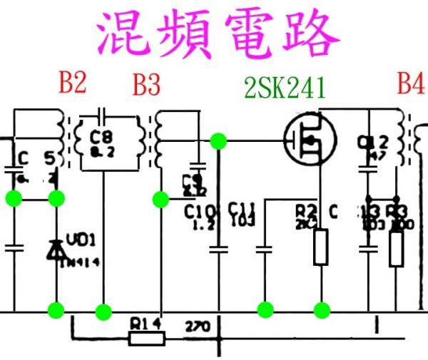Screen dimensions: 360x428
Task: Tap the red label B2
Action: [72, 83]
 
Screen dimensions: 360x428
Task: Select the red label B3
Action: [146, 86]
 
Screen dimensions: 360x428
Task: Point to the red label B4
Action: [410, 84]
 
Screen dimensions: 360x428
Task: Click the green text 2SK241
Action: [285, 88]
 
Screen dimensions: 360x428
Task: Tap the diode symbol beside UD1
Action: [56, 249]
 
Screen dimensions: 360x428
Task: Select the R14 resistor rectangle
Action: [146, 338]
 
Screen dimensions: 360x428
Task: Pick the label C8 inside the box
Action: [103, 135]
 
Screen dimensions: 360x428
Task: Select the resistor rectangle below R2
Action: [321, 247]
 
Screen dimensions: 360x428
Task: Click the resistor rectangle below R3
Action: [396, 248]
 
